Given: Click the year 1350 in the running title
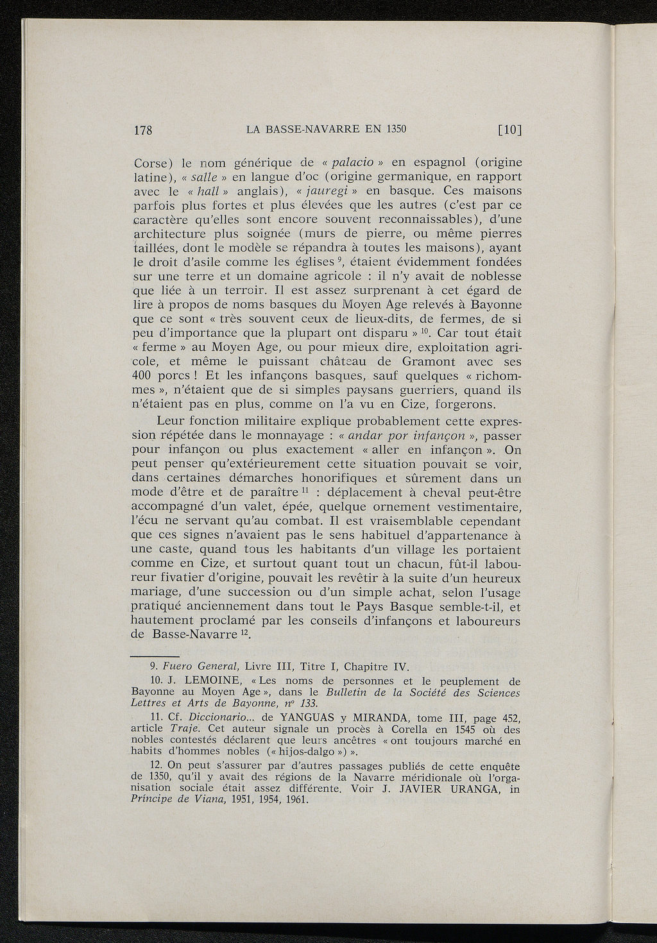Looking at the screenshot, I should [x=396, y=128].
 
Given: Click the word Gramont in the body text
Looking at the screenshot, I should [x=436, y=361].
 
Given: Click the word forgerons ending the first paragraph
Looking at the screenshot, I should [x=463, y=405].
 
